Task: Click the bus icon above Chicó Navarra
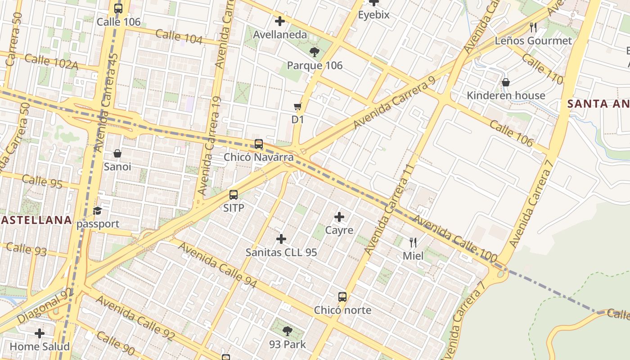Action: click(x=259, y=144)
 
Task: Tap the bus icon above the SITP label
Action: click(x=234, y=195)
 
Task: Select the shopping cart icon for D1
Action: click(x=297, y=107)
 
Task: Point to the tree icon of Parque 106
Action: click(x=315, y=52)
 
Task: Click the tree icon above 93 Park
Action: click(x=287, y=332)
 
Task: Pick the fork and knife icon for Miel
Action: click(x=413, y=243)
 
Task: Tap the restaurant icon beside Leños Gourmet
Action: click(x=533, y=27)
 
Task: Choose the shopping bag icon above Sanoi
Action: click(x=117, y=154)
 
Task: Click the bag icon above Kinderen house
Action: click(x=506, y=82)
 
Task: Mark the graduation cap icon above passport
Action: click(x=97, y=211)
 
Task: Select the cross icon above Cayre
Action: click(x=339, y=217)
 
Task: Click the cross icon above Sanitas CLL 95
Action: click(x=281, y=239)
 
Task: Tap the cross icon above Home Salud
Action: click(x=40, y=333)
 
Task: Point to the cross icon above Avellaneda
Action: click(x=280, y=21)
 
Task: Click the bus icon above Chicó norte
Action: click(x=342, y=297)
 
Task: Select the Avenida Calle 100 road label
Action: click(x=454, y=239)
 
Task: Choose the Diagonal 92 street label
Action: click(x=45, y=306)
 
